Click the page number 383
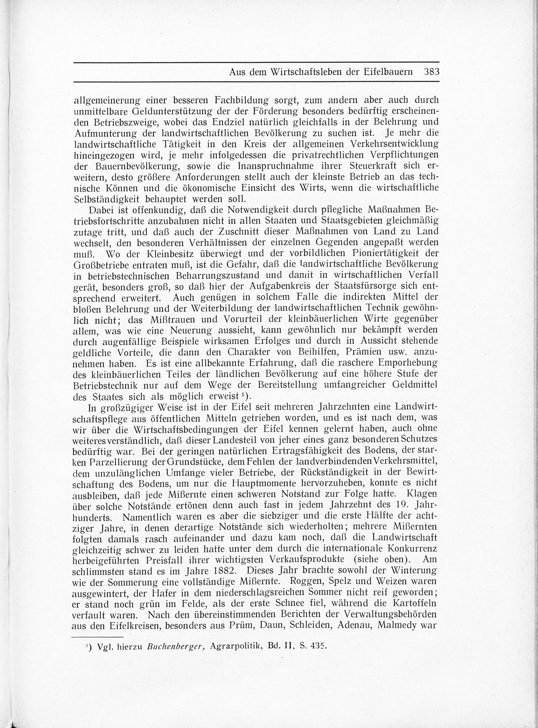coord(431,72)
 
